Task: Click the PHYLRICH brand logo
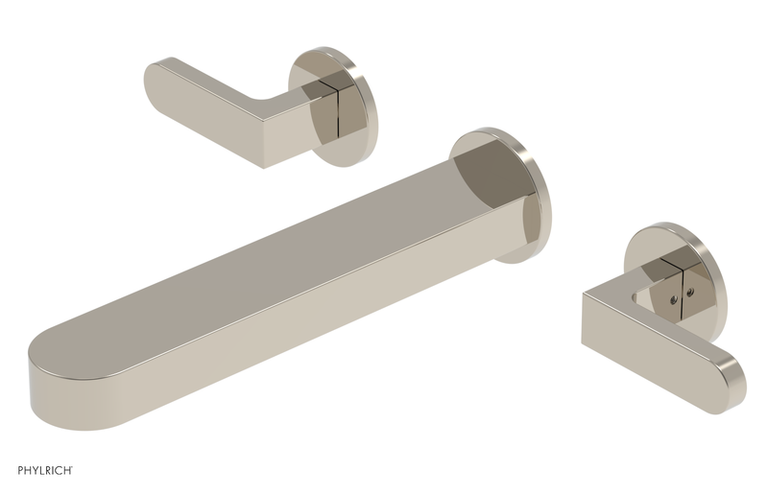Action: tap(45, 470)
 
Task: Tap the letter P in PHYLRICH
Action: tap(20, 470)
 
